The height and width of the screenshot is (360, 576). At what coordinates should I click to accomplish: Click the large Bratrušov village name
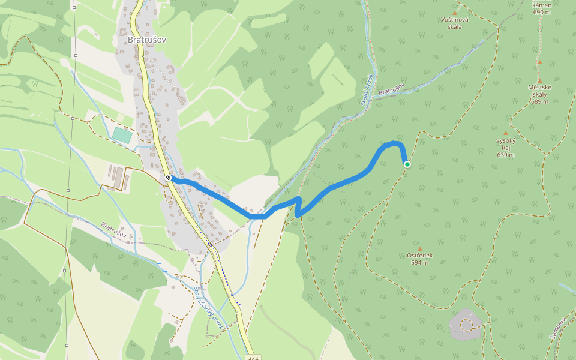click(x=146, y=40)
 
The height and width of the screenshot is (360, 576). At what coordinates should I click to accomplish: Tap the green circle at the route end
click(x=407, y=164)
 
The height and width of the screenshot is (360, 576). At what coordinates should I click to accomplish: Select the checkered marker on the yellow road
click(x=169, y=178)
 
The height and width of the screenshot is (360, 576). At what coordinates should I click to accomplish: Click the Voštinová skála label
click(x=454, y=23)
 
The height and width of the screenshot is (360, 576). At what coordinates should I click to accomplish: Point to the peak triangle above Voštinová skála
click(x=454, y=13)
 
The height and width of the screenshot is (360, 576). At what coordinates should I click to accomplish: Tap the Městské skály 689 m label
click(x=539, y=94)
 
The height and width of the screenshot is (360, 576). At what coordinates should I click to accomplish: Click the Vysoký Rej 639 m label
click(x=506, y=148)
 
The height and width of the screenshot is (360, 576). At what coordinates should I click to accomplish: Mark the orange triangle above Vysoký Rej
click(x=506, y=133)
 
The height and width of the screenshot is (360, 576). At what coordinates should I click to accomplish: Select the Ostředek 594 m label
click(x=419, y=259)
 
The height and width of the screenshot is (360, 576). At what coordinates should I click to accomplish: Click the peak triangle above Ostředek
click(x=420, y=248)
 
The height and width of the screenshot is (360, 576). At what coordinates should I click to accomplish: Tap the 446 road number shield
click(x=253, y=358)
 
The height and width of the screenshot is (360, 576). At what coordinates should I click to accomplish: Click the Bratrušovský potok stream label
click(x=208, y=310)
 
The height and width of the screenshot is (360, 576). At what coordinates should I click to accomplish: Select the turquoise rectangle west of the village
click(x=122, y=135)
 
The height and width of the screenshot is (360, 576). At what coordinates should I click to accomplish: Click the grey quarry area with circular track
click(x=466, y=324)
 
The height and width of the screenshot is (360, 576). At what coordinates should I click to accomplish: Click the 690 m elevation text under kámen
click(x=541, y=12)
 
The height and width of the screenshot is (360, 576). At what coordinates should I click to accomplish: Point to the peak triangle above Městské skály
click(x=539, y=80)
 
